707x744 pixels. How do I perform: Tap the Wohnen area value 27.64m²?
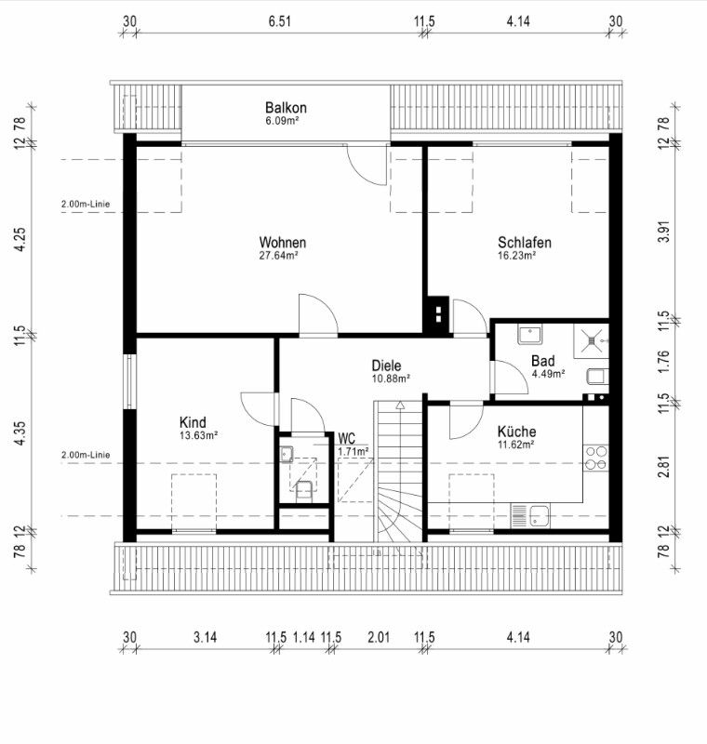278,256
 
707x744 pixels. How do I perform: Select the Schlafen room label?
525,243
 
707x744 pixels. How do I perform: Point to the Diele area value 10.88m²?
391,379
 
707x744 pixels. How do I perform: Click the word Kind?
193,422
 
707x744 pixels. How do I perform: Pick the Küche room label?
516,432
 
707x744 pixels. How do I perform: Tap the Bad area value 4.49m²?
548,374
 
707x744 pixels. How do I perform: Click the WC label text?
346,438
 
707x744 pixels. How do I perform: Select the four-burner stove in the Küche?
596,458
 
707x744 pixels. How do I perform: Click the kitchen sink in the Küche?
530,516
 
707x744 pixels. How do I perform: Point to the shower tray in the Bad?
592,341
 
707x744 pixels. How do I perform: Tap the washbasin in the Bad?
529,335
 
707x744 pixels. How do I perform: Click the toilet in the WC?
303,491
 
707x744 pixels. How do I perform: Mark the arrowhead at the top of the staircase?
400,405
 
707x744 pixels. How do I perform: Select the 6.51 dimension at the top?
279,21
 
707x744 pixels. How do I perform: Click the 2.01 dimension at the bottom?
379,637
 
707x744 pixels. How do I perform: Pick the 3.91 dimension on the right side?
664,232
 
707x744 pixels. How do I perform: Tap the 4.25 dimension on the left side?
20,240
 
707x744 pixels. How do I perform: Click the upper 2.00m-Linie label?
86,204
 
